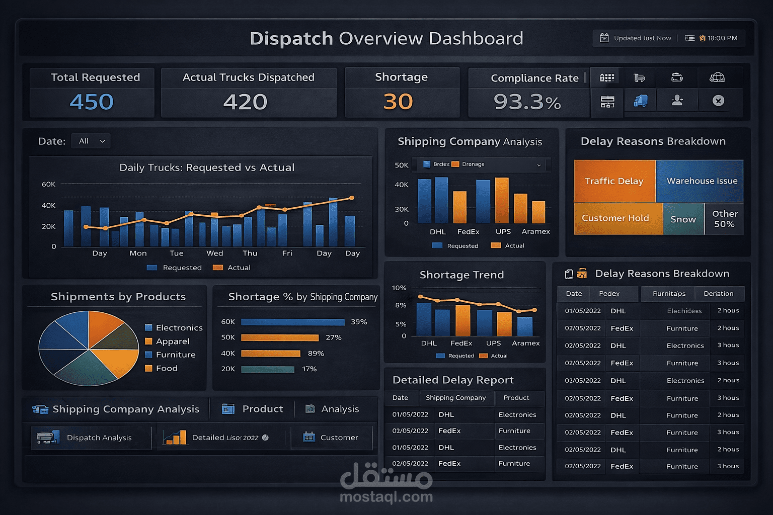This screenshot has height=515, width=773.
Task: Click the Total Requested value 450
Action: (x=92, y=102)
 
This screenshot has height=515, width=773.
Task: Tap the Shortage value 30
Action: (x=398, y=102)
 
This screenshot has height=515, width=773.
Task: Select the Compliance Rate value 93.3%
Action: (x=527, y=103)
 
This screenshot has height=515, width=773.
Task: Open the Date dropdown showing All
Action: (x=91, y=141)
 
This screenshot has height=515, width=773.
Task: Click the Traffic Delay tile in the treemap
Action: (x=614, y=181)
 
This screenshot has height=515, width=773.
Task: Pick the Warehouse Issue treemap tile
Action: (x=702, y=181)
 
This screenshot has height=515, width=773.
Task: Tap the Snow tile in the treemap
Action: (x=683, y=219)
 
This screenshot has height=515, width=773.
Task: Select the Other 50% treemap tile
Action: (x=724, y=219)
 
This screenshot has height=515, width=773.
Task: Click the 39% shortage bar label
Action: (x=359, y=322)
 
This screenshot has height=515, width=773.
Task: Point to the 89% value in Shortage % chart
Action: (x=316, y=354)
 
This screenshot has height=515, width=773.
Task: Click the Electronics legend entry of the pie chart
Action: (x=179, y=328)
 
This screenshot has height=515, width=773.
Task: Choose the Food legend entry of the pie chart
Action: (x=167, y=369)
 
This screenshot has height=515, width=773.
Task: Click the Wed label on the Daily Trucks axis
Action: (x=214, y=253)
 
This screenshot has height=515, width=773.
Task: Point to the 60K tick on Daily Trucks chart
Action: (x=48, y=185)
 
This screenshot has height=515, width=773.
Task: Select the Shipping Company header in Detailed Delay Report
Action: (x=455, y=398)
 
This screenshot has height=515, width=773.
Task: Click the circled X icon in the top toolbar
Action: (x=718, y=101)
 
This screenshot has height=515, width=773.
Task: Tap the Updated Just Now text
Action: (x=642, y=38)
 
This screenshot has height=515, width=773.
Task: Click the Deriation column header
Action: (x=718, y=294)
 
